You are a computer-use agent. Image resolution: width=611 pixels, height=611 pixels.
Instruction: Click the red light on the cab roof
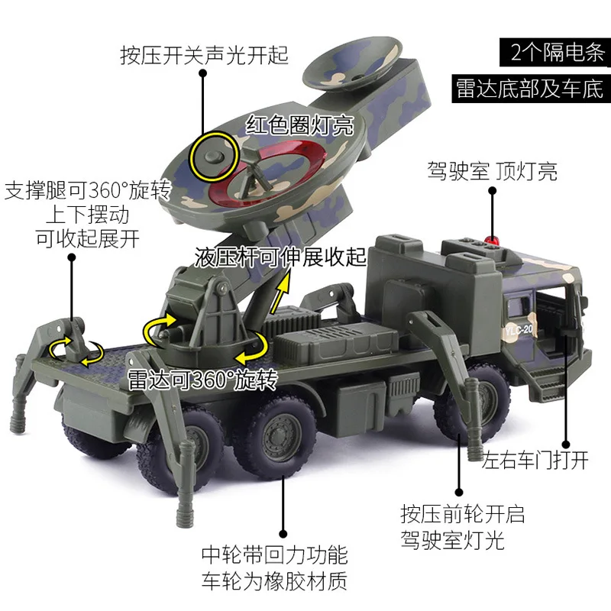(x=490, y=241)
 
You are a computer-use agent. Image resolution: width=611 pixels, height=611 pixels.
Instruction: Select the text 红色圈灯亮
(x=299, y=124)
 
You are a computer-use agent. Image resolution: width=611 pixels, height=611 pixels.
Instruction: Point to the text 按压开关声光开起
(x=204, y=56)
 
